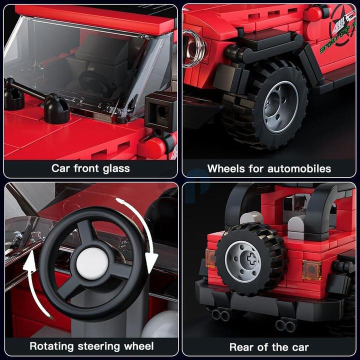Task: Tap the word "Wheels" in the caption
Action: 225,168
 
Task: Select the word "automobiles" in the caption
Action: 300,168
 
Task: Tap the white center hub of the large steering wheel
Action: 92,263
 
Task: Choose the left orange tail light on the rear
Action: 210,258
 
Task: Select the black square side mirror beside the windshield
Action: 160,111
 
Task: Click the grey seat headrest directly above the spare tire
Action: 251,218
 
